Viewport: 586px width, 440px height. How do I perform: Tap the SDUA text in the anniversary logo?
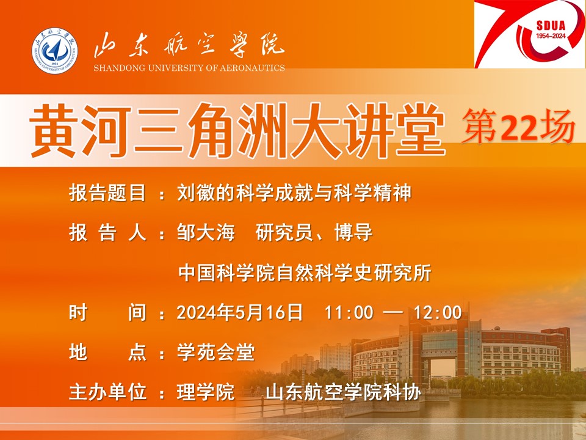click(551, 26)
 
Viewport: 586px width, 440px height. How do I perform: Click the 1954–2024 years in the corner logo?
click(551, 36)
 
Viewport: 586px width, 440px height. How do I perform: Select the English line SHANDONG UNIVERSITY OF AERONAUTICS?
click(189, 68)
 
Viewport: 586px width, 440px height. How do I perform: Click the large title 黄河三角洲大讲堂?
click(237, 130)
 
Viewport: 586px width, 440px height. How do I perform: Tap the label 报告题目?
click(107, 193)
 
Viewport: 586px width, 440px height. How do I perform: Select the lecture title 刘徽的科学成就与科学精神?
click(294, 193)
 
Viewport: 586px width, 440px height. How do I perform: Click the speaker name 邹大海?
click(206, 232)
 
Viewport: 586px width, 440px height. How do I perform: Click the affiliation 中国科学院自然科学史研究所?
click(305, 273)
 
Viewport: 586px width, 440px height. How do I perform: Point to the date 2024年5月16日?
click(239, 312)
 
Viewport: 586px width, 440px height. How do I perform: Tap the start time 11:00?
click(349, 313)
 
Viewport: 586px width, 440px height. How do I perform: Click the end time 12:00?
click(438, 313)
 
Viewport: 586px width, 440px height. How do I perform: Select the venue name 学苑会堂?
click(215, 353)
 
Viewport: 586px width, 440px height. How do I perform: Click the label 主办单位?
click(107, 392)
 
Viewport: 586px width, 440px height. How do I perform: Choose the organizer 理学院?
click(206, 392)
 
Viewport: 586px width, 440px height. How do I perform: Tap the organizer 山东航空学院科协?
click(343, 392)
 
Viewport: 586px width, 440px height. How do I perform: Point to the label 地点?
click(107, 353)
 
